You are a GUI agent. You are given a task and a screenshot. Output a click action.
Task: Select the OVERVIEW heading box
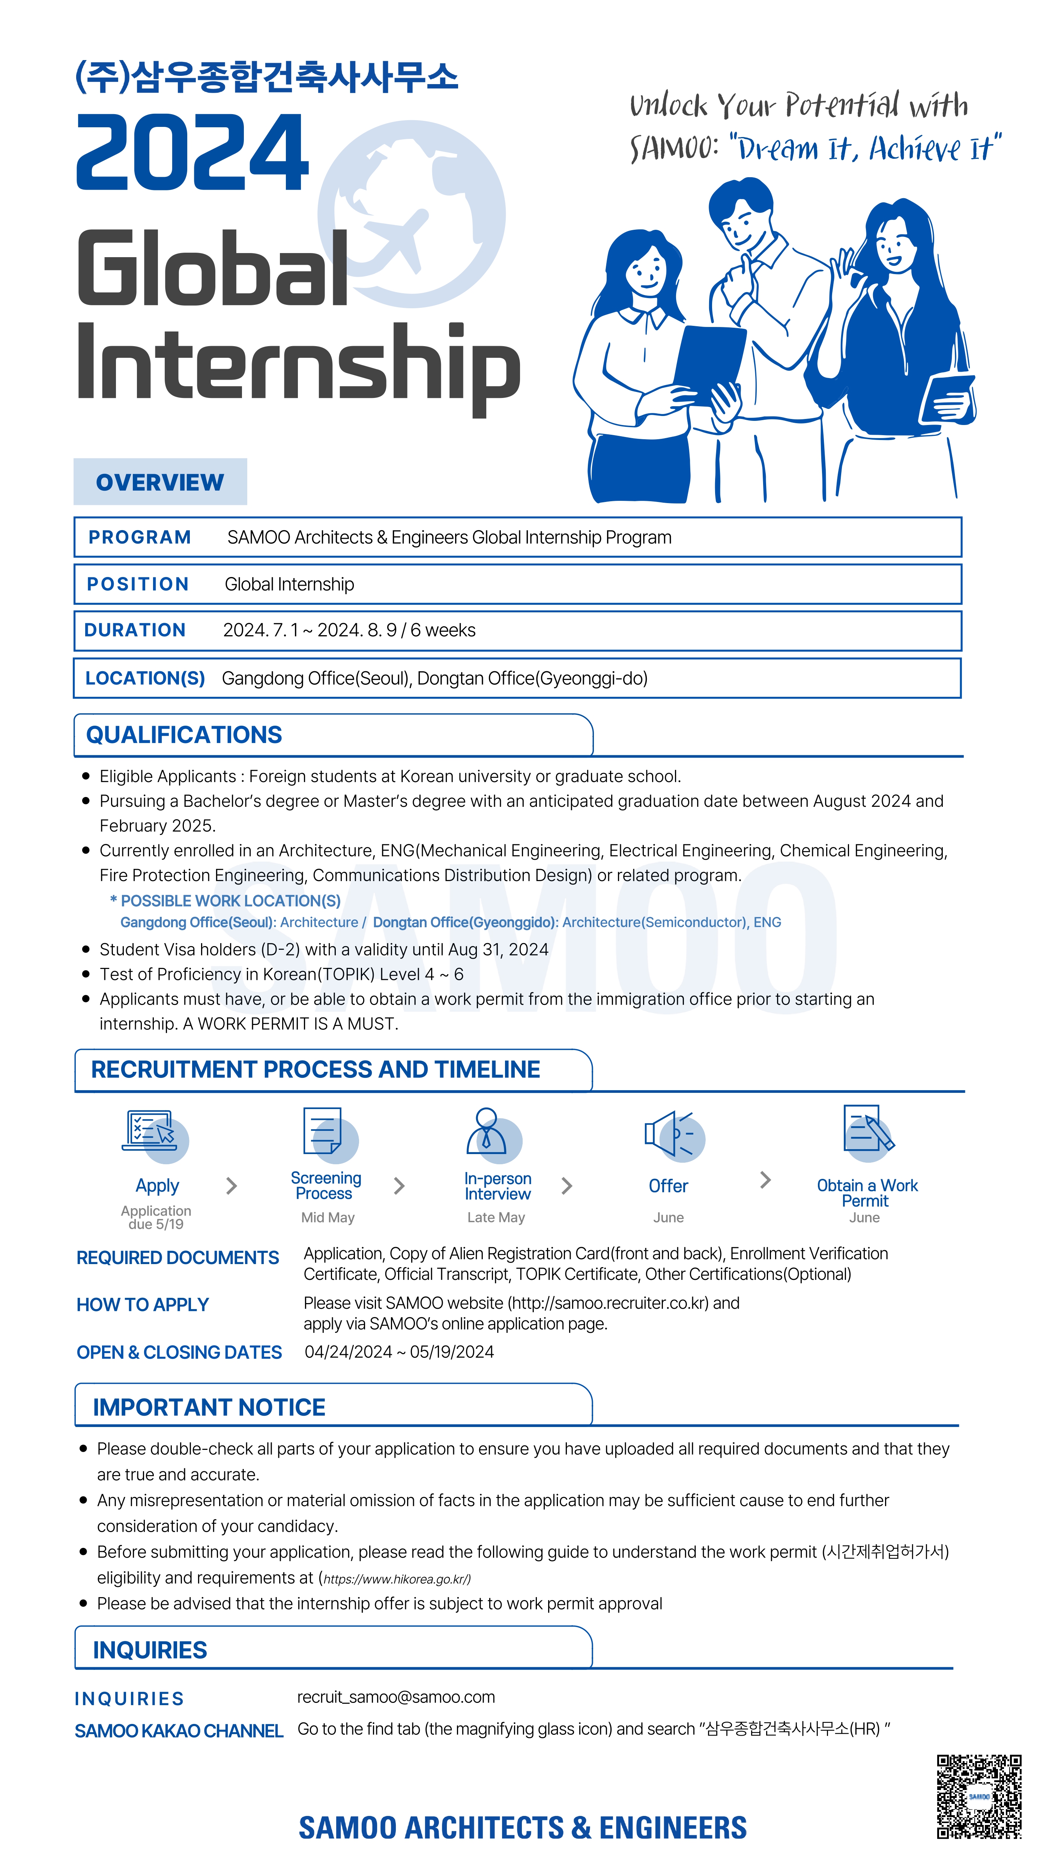[x=160, y=482]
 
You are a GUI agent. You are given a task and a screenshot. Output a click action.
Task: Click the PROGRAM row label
[x=140, y=538]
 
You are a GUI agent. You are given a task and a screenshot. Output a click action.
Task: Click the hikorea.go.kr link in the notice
[x=397, y=1579]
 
